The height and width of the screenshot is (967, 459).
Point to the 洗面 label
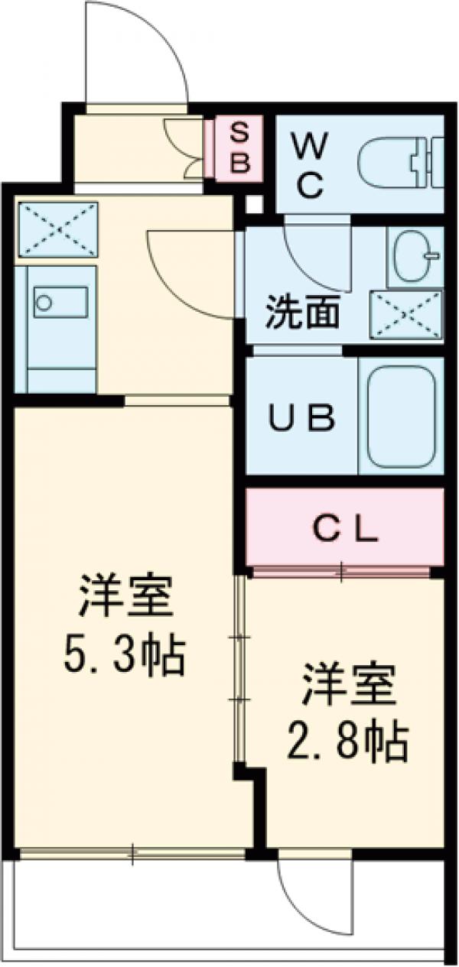(302, 315)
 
